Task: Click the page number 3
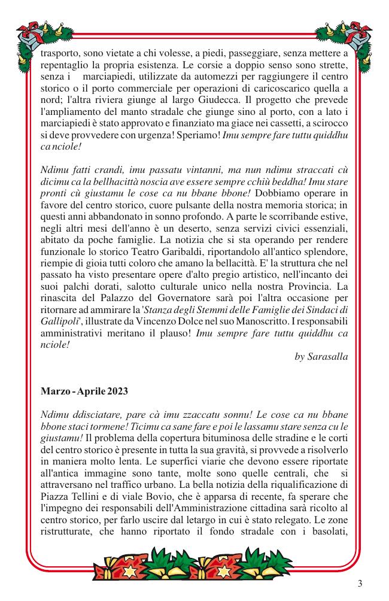[x=360, y=584]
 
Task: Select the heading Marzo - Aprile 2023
[x=84, y=391]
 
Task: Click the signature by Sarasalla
[x=321, y=356]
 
